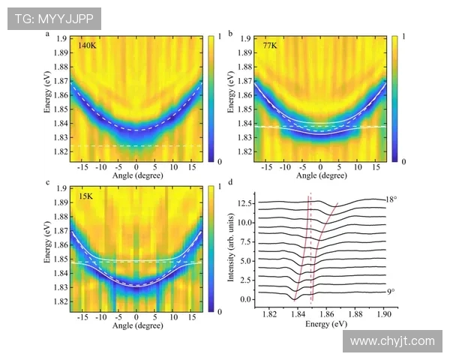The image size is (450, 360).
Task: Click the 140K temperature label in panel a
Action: (88, 46)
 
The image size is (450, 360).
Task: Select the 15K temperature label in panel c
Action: (86, 196)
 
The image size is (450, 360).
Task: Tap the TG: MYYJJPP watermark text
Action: (54, 19)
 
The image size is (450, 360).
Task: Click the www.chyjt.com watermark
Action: (392, 341)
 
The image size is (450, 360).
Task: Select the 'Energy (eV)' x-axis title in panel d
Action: (325, 324)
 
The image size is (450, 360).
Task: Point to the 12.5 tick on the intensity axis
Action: (245, 203)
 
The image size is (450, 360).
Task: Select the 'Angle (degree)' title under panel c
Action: (136, 325)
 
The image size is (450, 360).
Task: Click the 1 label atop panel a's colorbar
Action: (219, 35)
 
